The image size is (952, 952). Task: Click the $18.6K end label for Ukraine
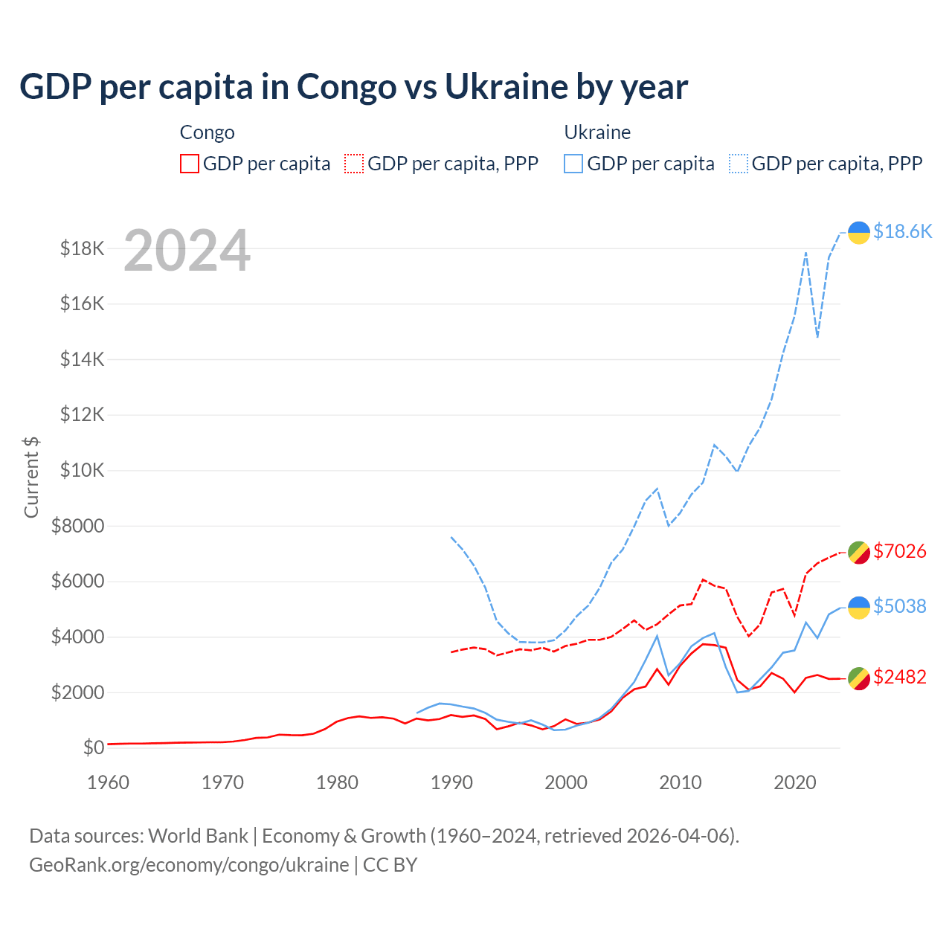point(902,231)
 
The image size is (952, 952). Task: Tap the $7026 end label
point(899,551)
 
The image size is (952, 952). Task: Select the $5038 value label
point(899,606)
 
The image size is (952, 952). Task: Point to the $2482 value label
point(899,677)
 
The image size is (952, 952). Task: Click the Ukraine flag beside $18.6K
point(859,233)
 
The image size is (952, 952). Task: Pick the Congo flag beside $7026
point(859,552)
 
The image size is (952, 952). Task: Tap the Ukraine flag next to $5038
point(859,607)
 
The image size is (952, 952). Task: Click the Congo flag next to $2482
point(859,678)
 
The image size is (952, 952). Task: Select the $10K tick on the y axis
point(83,471)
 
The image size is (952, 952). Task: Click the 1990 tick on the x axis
point(451,782)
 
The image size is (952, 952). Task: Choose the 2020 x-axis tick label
point(795,782)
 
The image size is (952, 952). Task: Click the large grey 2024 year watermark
point(187,251)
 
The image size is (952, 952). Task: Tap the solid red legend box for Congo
point(190,164)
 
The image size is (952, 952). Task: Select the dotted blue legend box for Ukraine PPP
point(739,164)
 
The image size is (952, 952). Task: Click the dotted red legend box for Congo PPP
point(354,164)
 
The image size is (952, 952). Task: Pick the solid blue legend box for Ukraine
point(573,164)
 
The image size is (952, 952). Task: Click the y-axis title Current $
point(31,477)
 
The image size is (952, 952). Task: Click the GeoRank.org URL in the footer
point(189,865)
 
